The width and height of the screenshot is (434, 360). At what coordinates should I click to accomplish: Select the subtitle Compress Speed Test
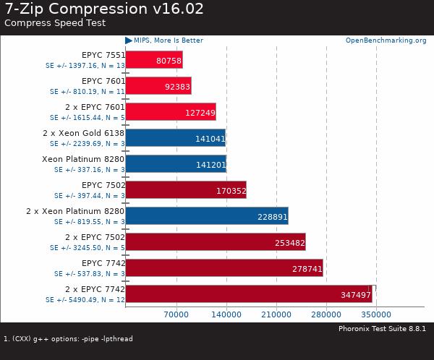[55, 22]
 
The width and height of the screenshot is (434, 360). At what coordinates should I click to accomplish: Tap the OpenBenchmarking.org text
[386, 40]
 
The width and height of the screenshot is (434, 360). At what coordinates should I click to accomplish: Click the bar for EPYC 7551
[154, 59]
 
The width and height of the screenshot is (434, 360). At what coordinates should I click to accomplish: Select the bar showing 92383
[158, 86]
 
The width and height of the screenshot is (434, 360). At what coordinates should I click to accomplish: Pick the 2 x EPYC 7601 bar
[171, 112]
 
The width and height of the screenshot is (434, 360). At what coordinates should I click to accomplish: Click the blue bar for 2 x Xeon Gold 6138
[176, 138]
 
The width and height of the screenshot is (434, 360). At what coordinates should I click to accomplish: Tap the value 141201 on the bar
[210, 165]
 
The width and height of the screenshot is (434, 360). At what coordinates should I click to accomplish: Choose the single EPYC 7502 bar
[186, 191]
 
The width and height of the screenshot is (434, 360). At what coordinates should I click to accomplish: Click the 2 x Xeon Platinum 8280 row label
[75, 211]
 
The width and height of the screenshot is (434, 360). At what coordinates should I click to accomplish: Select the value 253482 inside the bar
[289, 243]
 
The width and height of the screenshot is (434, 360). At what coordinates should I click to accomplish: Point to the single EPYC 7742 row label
[103, 263]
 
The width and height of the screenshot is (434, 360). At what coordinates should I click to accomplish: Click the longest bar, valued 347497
[250, 295]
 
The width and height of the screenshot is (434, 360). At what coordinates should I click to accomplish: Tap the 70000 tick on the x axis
[176, 314]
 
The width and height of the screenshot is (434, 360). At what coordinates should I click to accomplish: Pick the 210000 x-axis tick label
[276, 314]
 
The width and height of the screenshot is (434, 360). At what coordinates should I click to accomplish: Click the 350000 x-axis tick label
[376, 314]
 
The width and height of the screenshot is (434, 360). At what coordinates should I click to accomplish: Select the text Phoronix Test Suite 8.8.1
[382, 328]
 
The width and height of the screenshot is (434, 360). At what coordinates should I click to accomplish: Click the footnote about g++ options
[69, 338]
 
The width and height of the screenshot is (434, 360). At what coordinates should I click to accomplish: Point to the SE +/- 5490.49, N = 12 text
[85, 299]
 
